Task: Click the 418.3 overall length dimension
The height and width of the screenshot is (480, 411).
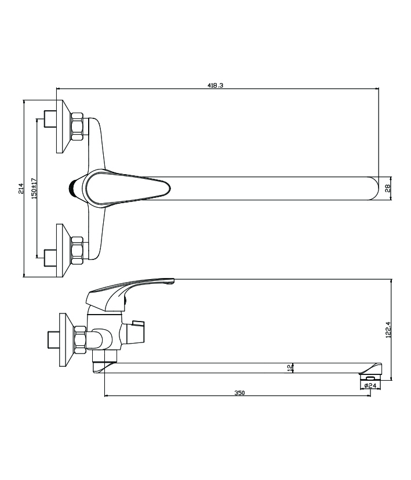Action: pos(216,85)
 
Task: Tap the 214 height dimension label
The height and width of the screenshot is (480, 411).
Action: pos(21,188)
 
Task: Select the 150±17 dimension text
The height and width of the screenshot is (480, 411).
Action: pos(34,188)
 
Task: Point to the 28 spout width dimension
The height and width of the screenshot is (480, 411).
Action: pos(388,188)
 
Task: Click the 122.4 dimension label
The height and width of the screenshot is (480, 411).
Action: pos(388,329)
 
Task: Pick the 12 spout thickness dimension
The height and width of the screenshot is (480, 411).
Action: pos(290,367)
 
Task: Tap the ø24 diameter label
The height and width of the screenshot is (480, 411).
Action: pos(370,385)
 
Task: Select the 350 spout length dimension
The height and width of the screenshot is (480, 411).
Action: pos(239,393)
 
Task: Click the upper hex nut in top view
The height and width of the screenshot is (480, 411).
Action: pos(77,127)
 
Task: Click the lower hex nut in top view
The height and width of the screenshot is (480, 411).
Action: pos(77,250)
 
